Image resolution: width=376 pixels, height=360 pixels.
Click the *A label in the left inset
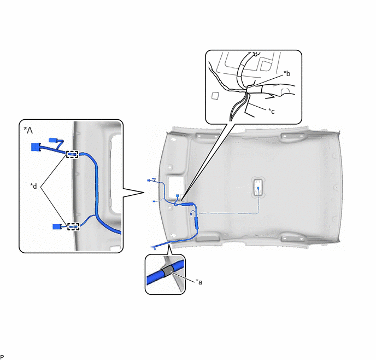[28, 130]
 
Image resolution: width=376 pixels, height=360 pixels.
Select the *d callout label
[33, 186]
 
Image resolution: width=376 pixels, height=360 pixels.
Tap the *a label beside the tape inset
[199, 282]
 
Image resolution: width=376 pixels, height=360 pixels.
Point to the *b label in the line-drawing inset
[287, 73]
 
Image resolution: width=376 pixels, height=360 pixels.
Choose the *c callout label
[272, 111]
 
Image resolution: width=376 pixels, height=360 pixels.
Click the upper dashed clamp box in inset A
[73, 154]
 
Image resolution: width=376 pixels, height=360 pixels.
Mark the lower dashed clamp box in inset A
[73, 227]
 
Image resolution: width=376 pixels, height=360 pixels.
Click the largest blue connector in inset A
[36, 147]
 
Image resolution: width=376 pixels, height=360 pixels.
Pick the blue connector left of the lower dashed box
[57, 227]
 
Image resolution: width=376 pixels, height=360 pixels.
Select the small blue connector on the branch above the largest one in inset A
[52, 140]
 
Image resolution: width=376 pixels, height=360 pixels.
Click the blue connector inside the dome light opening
[258, 188]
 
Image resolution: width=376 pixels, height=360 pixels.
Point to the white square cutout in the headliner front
[176, 185]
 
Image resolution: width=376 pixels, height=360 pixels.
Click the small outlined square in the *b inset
[215, 96]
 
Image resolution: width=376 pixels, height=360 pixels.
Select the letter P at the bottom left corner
[2, 357]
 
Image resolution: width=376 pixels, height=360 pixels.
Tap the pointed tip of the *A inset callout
[144, 192]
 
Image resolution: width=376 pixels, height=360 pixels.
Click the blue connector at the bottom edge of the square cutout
[178, 195]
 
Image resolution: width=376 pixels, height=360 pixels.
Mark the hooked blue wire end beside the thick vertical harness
[192, 213]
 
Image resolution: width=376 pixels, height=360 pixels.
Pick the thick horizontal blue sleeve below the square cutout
[187, 205]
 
